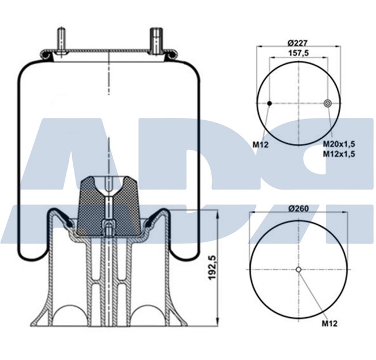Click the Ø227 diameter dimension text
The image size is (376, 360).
[x=297, y=42]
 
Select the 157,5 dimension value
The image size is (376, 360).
[x=299, y=54]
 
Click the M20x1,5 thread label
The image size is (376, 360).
[x=338, y=143]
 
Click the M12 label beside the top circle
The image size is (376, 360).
[x=261, y=144]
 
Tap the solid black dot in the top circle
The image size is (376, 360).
[x=269, y=103]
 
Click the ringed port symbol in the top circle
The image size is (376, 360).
[x=328, y=103]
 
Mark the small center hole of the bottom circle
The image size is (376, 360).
[x=299, y=269]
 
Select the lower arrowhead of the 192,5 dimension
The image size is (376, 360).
[x=217, y=321]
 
